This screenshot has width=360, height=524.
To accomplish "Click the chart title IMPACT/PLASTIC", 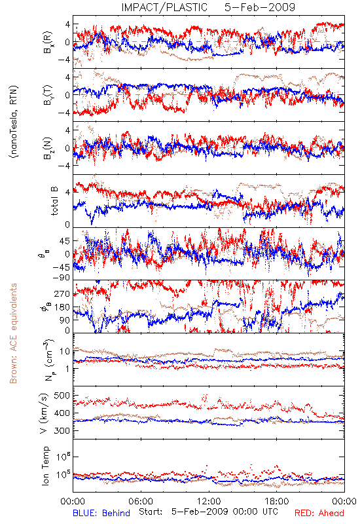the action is click(164, 7).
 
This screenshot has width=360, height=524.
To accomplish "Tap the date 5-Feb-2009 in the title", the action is click(260, 7).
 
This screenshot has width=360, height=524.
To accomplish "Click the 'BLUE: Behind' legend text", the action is click(101, 513).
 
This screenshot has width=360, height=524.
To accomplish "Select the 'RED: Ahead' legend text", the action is click(319, 513).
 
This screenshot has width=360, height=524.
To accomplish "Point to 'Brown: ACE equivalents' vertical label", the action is click(13, 333).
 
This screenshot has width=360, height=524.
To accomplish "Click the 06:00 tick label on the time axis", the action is click(141, 501).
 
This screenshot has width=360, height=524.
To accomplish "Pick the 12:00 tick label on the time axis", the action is click(209, 501).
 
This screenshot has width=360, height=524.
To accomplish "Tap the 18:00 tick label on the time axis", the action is click(277, 501).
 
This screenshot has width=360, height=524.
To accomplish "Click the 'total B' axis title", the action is click(54, 201).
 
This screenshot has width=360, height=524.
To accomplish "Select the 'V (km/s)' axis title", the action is click(44, 413).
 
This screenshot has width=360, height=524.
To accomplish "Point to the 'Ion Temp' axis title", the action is click(45, 466).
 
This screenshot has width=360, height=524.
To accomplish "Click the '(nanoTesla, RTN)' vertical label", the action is click(14, 122).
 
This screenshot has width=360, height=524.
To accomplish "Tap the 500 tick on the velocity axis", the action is click(62, 396).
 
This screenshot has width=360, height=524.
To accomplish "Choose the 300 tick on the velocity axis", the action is click(62, 431).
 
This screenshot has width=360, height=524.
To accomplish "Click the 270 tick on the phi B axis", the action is click(62, 294).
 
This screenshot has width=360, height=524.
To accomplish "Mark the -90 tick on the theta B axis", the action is click(60, 278).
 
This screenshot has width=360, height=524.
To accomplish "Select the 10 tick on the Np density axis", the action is click(65, 352).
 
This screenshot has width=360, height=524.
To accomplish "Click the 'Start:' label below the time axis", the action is click(151, 512).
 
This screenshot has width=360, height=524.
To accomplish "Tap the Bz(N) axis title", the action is click(48, 148).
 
